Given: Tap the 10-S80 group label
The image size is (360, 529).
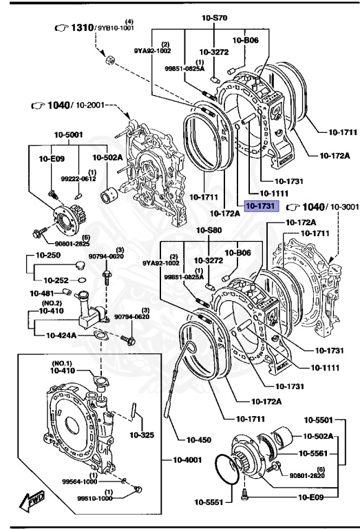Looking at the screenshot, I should tap(209, 230).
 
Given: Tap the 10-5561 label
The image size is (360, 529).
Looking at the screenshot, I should tap(313, 453).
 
